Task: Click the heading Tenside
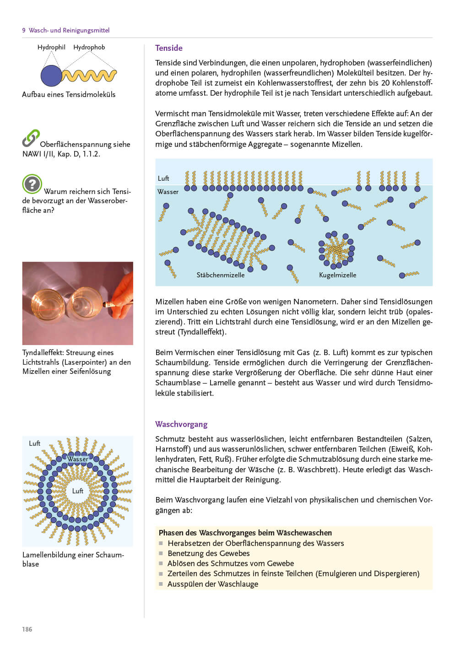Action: (168, 48)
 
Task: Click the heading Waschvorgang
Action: (181, 424)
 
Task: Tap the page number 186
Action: (27, 629)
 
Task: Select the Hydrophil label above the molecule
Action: (51, 47)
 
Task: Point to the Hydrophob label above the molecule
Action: (89, 47)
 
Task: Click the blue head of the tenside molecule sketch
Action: (51, 76)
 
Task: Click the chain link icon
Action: (31, 138)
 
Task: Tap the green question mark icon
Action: (32, 184)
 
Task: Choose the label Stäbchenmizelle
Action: (220, 275)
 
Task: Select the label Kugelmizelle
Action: (337, 275)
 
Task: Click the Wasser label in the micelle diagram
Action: (168, 192)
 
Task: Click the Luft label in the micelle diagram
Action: (163, 178)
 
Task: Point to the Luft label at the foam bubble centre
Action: (78, 491)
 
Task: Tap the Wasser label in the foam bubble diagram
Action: (78, 459)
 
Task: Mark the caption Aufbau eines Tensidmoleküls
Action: (69, 95)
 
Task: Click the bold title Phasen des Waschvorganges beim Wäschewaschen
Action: (245, 533)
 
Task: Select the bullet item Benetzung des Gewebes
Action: (208, 553)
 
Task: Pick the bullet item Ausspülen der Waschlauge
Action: (212, 584)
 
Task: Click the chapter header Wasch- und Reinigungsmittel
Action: (69, 30)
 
